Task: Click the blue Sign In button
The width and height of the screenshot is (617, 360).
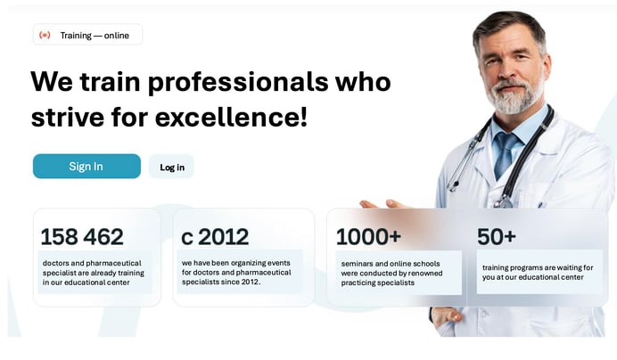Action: (86, 166)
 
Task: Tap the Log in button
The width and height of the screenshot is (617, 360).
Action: (171, 167)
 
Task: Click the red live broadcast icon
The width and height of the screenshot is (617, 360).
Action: (45, 35)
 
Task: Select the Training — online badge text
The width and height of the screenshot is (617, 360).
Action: (95, 36)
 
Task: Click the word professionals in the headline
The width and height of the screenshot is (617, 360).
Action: (238, 83)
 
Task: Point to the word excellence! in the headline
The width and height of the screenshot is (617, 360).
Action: (231, 118)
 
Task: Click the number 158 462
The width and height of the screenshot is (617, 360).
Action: (82, 237)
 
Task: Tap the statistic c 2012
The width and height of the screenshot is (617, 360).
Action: (215, 237)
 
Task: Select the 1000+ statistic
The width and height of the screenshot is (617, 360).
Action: (368, 237)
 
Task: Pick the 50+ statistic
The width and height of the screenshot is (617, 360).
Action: (497, 236)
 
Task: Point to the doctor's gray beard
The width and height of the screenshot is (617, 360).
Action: (514, 97)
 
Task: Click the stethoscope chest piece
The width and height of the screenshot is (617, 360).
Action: (503, 202)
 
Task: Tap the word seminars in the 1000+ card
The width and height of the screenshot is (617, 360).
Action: (357, 264)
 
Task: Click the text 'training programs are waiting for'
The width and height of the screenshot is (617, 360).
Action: (538, 267)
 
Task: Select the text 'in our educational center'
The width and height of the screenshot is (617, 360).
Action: (86, 282)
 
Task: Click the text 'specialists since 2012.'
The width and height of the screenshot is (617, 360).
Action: (221, 282)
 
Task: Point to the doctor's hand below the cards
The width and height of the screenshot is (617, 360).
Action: (447, 315)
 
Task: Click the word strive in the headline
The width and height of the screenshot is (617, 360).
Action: (68, 118)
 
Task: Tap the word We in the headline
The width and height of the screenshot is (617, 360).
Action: (52, 81)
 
